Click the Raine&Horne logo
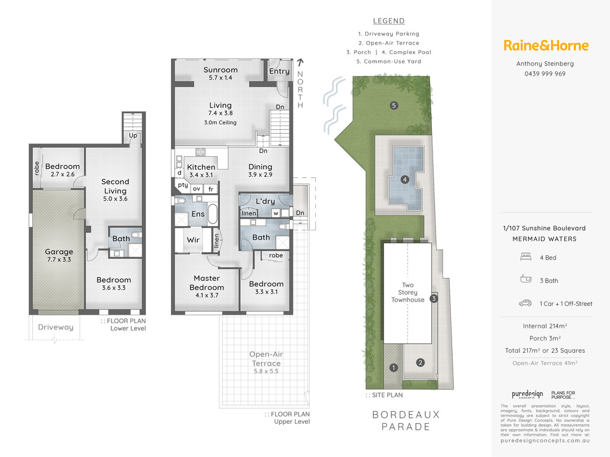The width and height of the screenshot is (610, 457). click(546, 45)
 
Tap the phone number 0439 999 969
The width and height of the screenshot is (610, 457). click(544, 74)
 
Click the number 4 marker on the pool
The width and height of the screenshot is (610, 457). click(405, 180)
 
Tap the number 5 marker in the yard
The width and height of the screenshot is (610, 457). click(394, 105)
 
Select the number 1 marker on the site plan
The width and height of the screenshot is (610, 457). click(394, 368)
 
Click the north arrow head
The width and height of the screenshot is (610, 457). click(300, 61)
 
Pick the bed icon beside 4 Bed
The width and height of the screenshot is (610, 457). click(525, 257)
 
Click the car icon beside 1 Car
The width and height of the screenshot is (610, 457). click(525, 303)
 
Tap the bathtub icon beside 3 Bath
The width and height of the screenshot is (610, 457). click(525, 278)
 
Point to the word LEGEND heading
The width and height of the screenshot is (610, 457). click(388, 21)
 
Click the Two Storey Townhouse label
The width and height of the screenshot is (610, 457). click(407, 292)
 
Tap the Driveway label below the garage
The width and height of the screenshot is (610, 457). click(55, 327)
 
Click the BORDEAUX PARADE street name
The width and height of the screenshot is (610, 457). click(406, 421)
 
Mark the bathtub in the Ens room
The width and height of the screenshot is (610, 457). click(213, 214)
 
